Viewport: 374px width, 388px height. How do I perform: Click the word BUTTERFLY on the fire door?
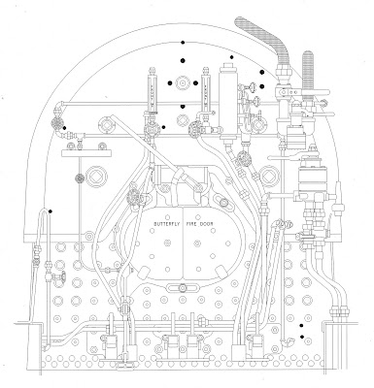pyautogui.click(x=167, y=224)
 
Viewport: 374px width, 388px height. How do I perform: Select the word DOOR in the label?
pyautogui.click(x=207, y=224)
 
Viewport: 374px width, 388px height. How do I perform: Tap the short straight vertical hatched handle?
pyautogui.click(x=308, y=71)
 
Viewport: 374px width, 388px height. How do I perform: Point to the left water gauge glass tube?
pyautogui.click(x=153, y=92)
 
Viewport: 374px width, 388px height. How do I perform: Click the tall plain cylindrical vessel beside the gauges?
pyautogui.click(x=228, y=102)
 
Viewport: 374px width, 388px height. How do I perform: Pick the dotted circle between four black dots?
pyautogui.click(x=183, y=83)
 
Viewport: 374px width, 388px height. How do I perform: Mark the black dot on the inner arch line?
pyautogui.click(x=183, y=43)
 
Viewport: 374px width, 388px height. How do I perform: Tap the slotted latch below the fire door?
pyautogui.click(x=183, y=287)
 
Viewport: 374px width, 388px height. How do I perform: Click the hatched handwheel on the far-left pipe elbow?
pyautogui.click(x=57, y=123)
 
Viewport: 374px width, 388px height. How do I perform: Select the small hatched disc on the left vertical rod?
pyautogui.click(x=80, y=178)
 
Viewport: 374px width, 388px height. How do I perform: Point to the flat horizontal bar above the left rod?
pyautogui.click(x=86, y=153)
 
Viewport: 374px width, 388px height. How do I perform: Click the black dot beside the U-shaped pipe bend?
pyautogui.click(x=51, y=211)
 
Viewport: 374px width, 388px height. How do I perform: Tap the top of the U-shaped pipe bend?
pyautogui.click(x=44, y=210)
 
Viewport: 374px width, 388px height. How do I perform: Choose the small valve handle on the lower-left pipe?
pyautogui.click(x=60, y=277)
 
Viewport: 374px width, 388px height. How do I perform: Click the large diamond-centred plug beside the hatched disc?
pyautogui.click(x=97, y=177)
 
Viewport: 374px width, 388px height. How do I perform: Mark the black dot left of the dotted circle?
pyautogui.click(x=170, y=83)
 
